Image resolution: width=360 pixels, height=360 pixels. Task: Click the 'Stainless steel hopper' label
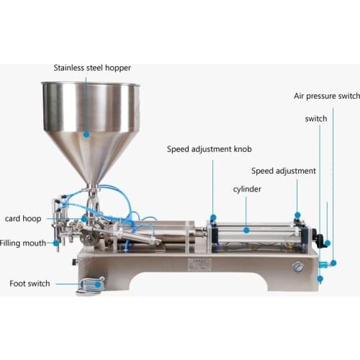(92, 68)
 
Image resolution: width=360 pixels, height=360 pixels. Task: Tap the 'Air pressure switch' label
(326, 96)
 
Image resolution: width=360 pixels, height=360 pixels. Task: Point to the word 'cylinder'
(246, 189)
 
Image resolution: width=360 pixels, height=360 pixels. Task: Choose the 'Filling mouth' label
(23, 243)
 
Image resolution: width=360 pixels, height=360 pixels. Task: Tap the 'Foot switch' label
(30, 284)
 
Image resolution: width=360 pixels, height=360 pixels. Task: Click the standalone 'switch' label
(315, 119)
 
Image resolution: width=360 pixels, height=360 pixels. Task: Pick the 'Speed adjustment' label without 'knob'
(283, 171)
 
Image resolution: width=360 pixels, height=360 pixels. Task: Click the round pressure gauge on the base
(297, 266)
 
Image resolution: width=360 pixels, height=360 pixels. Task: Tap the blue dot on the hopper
(86, 134)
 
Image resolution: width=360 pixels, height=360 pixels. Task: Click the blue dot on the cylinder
(246, 230)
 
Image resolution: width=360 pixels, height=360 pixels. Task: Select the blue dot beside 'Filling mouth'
(56, 243)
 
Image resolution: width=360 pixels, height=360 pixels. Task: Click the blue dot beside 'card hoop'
(84, 217)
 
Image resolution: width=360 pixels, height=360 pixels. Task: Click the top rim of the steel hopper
(91, 84)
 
